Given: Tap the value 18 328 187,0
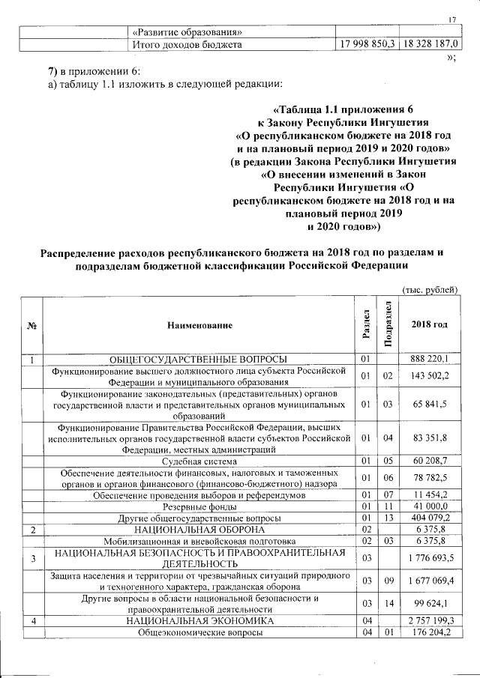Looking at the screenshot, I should click(x=431, y=45).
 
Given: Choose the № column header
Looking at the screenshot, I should click(x=32, y=325).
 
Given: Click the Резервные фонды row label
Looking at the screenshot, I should click(x=200, y=507).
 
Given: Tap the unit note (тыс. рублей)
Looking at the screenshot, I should click(x=430, y=290).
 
